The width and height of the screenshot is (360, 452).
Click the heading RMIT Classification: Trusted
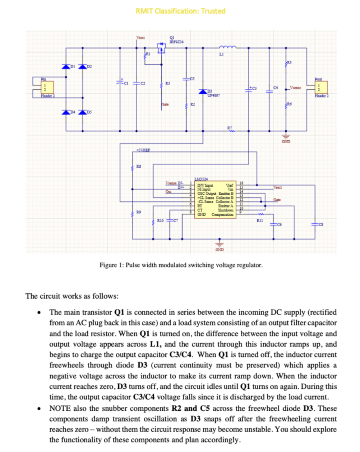(180, 11)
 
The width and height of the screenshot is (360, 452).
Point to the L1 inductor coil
(227, 47)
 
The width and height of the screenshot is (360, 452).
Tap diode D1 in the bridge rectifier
(66, 67)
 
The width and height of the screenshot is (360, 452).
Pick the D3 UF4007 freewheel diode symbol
(203, 92)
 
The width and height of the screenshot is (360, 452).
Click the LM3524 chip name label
(201, 178)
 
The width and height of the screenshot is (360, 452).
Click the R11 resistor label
(259, 220)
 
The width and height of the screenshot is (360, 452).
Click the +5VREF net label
(143, 150)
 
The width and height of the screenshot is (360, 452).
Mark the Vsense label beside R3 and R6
(295, 87)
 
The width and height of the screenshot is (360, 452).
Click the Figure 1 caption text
(181, 265)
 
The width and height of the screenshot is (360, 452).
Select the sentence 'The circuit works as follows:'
(72, 296)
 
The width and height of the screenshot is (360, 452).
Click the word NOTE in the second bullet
(59, 409)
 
